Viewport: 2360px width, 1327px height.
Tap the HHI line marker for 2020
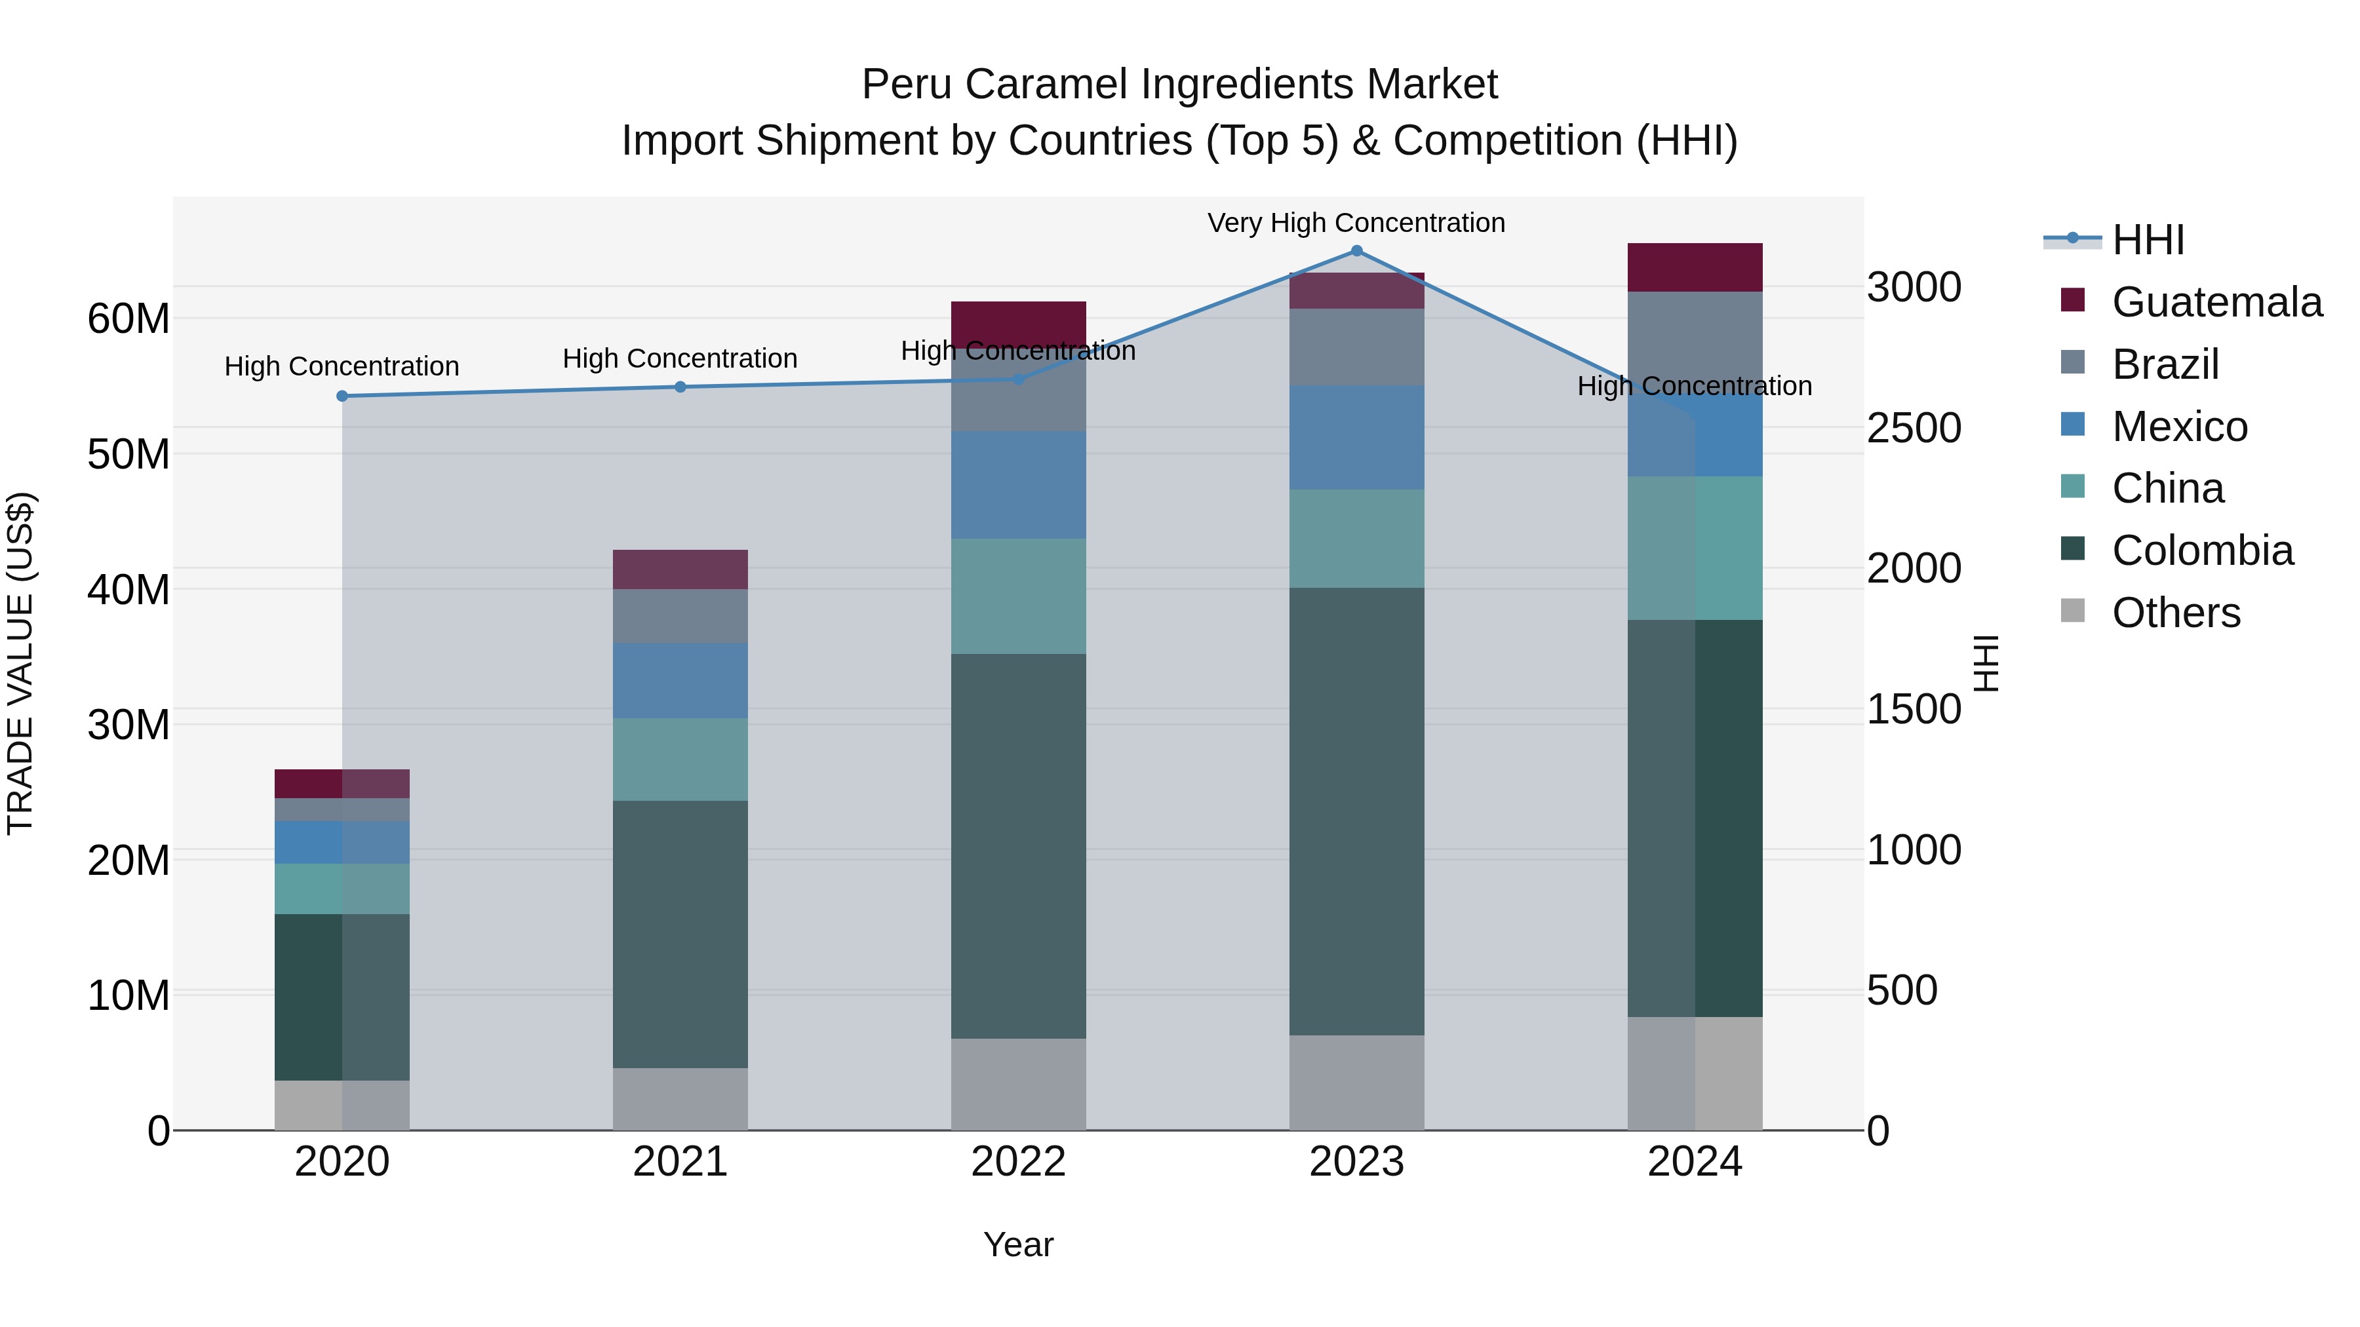click(x=342, y=396)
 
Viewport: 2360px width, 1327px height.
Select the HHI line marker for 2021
click(x=680, y=387)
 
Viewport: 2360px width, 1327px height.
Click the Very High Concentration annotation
click(x=1356, y=223)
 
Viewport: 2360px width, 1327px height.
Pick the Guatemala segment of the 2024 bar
click(x=1695, y=267)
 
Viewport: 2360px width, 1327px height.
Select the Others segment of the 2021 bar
click(x=680, y=1098)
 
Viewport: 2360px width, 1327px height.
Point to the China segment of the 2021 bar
click(x=680, y=760)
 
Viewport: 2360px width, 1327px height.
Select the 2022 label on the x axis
click(x=1018, y=1162)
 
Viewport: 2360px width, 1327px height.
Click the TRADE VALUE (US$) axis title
click(x=20, y=663)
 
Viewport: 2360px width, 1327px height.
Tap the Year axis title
click(x=1018, y=1244)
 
